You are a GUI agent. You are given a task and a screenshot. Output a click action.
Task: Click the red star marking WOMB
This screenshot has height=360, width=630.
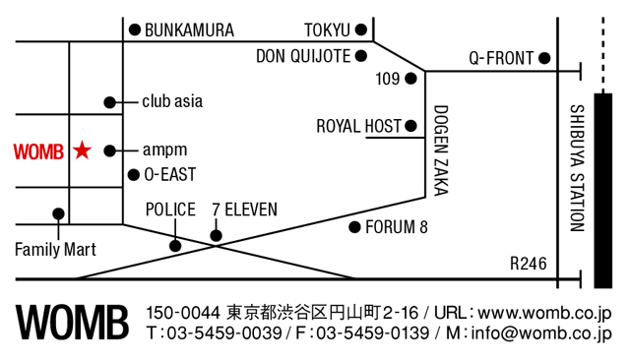pos(83,150)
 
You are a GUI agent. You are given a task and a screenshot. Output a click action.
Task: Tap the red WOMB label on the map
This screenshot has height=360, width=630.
pos(38,151)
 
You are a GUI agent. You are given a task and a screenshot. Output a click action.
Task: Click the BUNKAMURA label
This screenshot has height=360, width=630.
pos(189,30)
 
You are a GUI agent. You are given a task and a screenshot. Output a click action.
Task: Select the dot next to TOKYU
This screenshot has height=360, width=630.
pos(361,30)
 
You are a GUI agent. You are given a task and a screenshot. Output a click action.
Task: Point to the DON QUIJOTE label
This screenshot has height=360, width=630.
pos(303,56)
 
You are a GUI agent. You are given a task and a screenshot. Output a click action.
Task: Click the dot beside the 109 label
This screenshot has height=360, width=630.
pos(410,79)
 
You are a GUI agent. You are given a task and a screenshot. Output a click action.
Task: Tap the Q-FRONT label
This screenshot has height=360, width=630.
pos(501,59)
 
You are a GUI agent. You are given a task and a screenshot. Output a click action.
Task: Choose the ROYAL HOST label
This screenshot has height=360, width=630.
pos(358,127)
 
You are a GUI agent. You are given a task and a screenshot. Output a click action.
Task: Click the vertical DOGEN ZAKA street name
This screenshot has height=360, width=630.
pos(441,150)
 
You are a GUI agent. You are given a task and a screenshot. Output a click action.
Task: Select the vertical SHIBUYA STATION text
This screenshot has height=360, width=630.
pos(578,168)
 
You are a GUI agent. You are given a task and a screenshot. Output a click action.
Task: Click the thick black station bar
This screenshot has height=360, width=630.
pos(603,191)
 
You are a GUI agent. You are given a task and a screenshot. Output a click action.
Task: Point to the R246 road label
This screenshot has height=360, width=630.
pos(529,264)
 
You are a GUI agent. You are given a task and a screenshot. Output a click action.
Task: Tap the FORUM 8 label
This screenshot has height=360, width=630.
pos(396,227)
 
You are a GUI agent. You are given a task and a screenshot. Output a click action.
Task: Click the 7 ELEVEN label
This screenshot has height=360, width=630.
pos(245,210)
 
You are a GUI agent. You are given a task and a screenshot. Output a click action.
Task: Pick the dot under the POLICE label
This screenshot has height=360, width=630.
pos(175,246)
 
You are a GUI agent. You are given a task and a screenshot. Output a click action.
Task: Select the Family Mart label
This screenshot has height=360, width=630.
pos(55,250)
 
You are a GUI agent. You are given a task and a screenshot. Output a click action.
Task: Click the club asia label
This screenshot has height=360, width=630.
pos(172,101)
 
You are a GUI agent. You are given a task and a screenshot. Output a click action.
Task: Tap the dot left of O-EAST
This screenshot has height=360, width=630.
pos(134,175)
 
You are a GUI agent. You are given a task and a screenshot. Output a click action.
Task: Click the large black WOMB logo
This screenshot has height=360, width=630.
pos(72,323)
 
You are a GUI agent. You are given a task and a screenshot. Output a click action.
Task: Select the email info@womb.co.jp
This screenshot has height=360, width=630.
pos(541,333)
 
